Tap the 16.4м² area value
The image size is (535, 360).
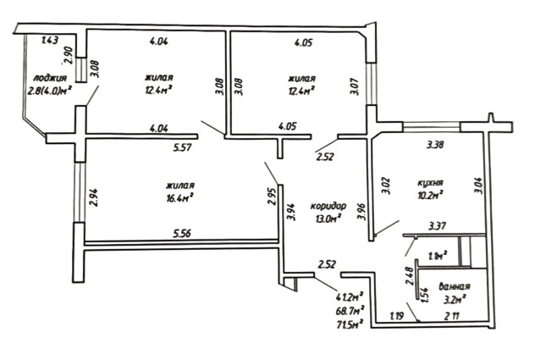180,199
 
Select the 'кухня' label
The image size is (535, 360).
432,182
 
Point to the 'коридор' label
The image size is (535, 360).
328,206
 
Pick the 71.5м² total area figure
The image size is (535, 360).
350,322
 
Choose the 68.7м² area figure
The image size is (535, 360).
350,309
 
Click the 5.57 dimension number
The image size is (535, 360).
184,147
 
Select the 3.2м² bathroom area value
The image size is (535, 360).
446,299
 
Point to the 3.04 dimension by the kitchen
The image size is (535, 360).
479,186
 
